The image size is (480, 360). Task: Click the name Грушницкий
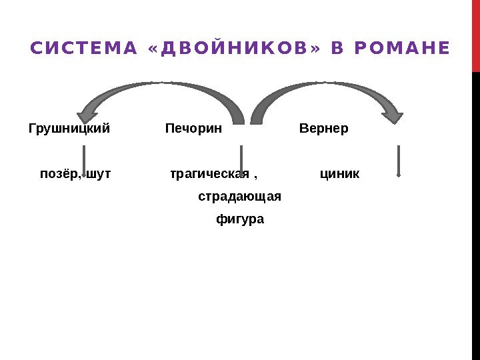(69, 127)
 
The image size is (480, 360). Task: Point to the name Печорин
(193, 127)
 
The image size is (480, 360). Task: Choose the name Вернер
(324, 127)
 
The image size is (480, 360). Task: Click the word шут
(99, 174)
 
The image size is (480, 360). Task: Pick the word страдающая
(239, 197)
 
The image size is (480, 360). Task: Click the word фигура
(240, 219)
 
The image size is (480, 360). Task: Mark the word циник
(339, 174)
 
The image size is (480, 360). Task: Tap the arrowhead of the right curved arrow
(394, 116)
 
